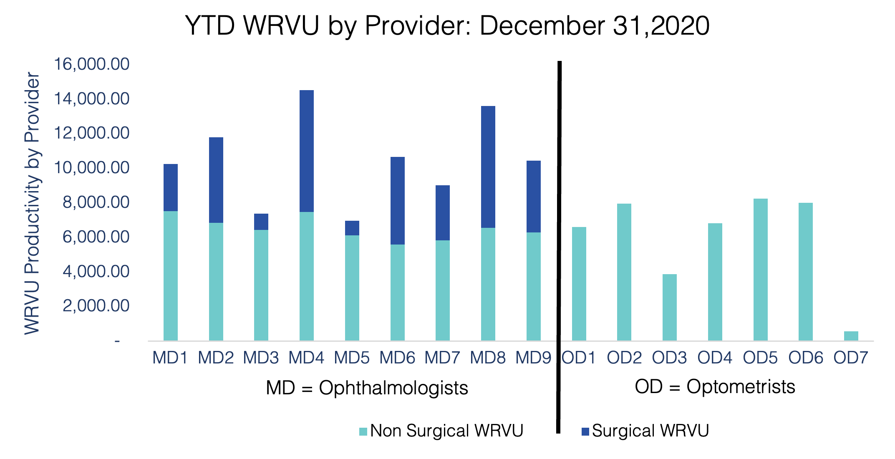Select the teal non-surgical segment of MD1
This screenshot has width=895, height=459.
pyautogui.click(x=171, y=275)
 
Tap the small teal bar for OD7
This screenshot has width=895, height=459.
pyautogui.click(x=851, y=336)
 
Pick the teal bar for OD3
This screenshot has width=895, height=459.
pyautogui.click(x=670, y=307)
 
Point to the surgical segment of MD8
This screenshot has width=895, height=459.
pyautogui.click(x=488, y=167)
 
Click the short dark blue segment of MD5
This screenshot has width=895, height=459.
pyautogui.click(x=352, y=228)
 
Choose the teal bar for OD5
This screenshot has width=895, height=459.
pyautogui.click(x=760, y=270)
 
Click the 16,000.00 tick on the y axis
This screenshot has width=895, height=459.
pyautogui.click(x=92, y=64)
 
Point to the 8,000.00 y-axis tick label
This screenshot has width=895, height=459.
pyautogui.click(x=96, y=202)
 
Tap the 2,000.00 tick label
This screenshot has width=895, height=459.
pyautogui.click(x=96, y=306)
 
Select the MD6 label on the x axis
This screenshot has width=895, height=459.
pyautogui.click(x=397, y=358)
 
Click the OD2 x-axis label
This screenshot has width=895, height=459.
pyautogui.click(x=624, y=358)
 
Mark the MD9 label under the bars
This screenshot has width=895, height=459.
pyautogui.click(x=533, y=358)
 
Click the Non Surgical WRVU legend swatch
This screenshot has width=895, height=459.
pyautogui.click(x=363, y=431)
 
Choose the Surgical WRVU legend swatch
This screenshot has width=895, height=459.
pyautogui.click(x=585, y=431)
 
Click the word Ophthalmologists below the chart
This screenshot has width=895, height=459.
pyautogui.click(x=393, y=388)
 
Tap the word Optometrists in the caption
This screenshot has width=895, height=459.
pyautogui.click(x=741, y=387)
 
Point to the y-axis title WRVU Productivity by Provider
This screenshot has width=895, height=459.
pyautogui.click(x=32, y=203)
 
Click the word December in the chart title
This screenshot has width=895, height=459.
pyautogui.click(x=542, y=26)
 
